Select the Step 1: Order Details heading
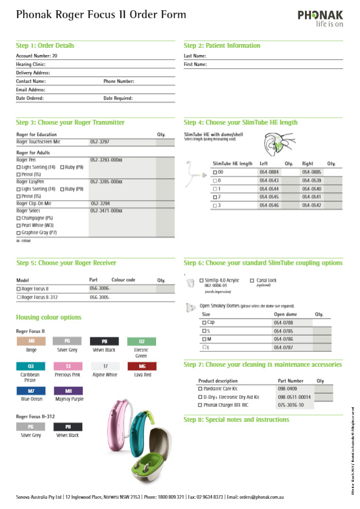point(45,45)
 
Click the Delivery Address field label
point(33,73)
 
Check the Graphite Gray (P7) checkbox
point(18,232)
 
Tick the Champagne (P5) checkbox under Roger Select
point(18,218)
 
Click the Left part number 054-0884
point(269,172)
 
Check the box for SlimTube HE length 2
point(215,197)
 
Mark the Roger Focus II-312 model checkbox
point(18,297)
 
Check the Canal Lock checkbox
point(252,280)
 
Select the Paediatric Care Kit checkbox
point(201,389)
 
